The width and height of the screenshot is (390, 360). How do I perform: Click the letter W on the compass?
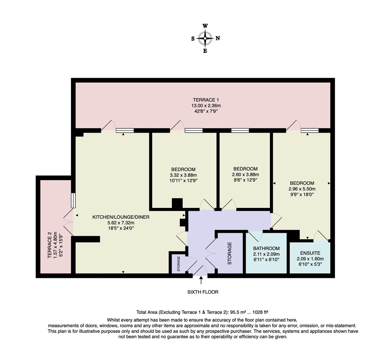[205, 26]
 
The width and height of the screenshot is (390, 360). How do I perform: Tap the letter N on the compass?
[218, 38]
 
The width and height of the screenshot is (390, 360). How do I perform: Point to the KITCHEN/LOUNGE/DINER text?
[121, 217]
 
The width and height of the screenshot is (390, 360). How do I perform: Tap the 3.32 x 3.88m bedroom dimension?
[183, 175]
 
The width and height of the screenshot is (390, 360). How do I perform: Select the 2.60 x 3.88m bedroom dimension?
[245, 174]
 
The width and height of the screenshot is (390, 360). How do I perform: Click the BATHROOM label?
[266, 248]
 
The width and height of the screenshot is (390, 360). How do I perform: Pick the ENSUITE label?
[310, 253]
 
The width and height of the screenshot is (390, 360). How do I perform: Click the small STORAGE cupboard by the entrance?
[179, 264]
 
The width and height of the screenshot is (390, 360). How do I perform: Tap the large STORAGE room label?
[229, 253]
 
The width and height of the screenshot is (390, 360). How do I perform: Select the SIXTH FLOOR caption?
[203, 292]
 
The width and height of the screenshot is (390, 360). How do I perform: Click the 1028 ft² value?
[260, 312]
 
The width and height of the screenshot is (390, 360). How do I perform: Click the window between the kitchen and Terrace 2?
[73, 200]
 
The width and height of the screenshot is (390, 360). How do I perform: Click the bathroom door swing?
[256, 236]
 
